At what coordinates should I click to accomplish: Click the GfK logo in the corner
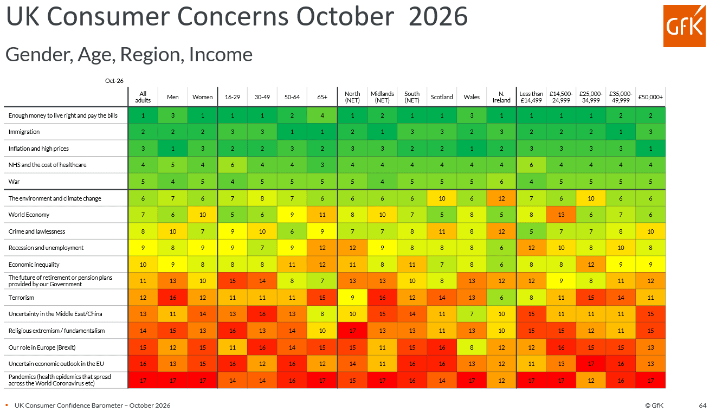point(684,26)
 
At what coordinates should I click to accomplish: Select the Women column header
point(202,97)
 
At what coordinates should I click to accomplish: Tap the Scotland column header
point(441,97)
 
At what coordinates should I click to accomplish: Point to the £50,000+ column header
point(650,97)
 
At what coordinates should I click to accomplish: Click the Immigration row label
point(24,132)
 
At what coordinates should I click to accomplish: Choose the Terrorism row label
point(21,298)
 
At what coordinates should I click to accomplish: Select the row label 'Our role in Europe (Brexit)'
point(42,347)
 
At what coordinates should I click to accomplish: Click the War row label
point(14,182)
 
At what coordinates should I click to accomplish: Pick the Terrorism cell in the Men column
point(173,298)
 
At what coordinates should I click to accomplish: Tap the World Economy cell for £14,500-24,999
point(561,215)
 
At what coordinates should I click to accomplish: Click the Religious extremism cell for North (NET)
point(352,331)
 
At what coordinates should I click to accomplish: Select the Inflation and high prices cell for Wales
point(472,149)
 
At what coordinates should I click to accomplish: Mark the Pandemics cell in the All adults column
point(143,381)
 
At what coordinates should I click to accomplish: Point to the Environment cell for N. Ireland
point(501,198)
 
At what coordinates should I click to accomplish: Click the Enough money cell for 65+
point(322,115)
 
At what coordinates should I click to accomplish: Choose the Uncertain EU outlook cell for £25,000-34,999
point(591,364)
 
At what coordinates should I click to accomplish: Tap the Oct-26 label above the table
point(114,81)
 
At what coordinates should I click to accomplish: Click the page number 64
point(702,405)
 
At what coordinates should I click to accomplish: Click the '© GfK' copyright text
point(654,405)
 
